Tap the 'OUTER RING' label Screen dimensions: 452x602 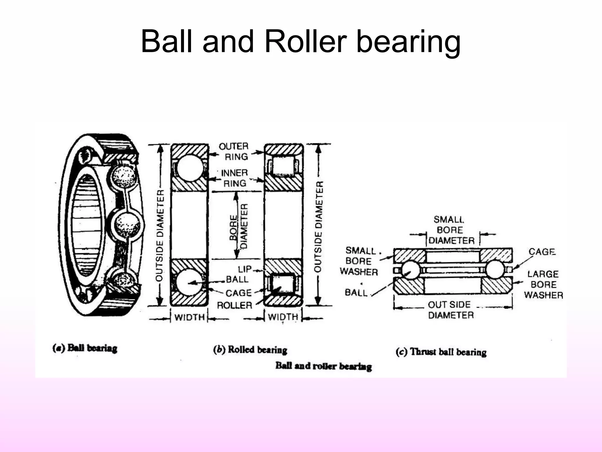click(234, 151)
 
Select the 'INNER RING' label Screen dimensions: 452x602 click(234, 178)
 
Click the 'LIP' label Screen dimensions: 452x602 click(245, 269)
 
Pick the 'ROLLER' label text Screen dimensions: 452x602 click(235, 305)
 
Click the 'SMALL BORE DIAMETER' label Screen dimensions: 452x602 click(450, 230)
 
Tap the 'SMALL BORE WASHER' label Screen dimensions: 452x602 click(359, 261)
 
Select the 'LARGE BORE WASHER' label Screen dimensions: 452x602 click(543, 285)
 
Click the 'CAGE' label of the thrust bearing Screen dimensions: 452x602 click(542, 252)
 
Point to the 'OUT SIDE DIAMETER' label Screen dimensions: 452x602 click(450, 310)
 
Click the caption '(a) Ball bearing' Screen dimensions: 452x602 click(85, 348)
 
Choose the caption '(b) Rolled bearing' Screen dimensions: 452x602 click(250, 350)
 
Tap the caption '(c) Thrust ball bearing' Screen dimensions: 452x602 click(441, 352)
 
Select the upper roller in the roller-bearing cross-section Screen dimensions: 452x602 click(283, 165)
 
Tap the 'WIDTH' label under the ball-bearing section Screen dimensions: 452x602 click(189, 318)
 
